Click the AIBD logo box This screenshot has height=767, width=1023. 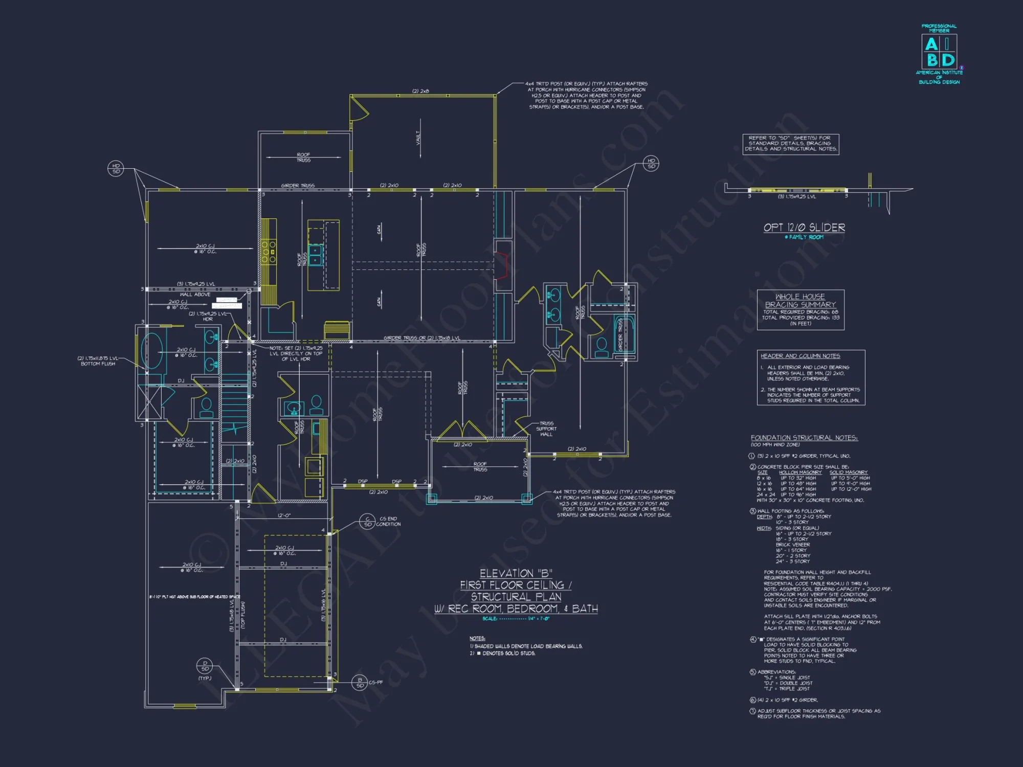939,52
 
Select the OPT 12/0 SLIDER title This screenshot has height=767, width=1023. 804,228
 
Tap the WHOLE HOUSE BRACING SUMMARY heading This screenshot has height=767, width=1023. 800,300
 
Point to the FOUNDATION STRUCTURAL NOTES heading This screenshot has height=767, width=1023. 804,438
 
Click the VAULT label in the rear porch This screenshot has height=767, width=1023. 418,137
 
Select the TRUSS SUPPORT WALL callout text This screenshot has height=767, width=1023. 546,428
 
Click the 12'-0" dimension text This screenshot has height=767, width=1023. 284,515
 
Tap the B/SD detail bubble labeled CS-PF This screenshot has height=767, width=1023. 360,683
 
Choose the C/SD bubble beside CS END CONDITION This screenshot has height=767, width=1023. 367,522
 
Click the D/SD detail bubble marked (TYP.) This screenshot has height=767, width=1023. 205,666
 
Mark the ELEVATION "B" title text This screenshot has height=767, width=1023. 516,573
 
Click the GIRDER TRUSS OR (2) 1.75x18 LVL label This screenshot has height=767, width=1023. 421,338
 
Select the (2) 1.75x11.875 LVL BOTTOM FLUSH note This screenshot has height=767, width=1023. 98,361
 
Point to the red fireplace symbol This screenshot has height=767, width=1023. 503,265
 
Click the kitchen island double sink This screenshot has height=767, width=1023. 315,254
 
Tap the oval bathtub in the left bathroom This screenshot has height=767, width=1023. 151,350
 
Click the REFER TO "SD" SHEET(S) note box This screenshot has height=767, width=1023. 790,144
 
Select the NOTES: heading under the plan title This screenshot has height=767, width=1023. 477,638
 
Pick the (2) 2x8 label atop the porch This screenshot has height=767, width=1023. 420,91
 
